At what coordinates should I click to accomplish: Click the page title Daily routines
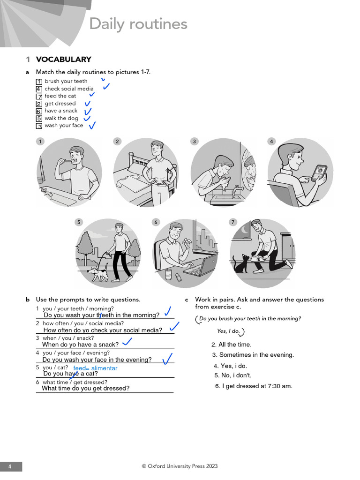(138, 24)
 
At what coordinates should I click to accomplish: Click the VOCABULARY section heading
(63, 60)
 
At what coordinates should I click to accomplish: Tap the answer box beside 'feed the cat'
(39, 96)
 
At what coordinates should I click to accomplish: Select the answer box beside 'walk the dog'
(39, 119)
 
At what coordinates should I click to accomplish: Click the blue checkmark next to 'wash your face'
(92, 125)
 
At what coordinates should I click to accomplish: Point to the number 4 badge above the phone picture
(271, 142)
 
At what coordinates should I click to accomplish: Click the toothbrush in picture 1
(67, 161)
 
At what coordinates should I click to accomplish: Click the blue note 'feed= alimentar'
(95, 368)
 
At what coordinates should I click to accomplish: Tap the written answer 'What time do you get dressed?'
(86, 389)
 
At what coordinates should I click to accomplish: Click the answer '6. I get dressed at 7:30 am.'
(254, 386)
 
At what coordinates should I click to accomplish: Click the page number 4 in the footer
(10, 466)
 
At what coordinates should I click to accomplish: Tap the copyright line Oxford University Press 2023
(180, 466)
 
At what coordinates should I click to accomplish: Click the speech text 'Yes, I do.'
(228, 331)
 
